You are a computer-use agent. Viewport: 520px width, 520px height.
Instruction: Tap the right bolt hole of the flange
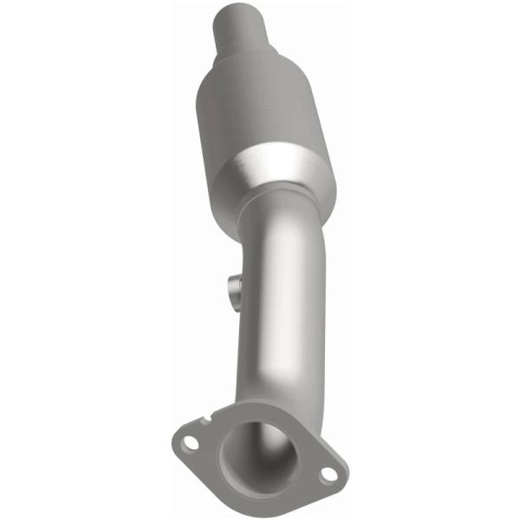pos(327,475)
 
